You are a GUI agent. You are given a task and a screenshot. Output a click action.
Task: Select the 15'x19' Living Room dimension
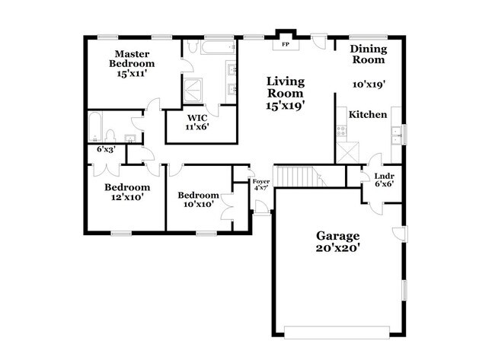coord(286,106)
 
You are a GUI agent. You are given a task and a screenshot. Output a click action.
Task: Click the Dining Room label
coord(368,54)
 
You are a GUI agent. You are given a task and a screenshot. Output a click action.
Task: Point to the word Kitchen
coord(368,115)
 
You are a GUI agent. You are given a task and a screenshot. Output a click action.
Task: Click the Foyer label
coord(261,181)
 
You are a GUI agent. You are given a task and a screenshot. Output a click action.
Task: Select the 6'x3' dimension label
coord(107,150)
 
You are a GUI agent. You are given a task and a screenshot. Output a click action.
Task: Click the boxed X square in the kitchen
coord(346,151)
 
